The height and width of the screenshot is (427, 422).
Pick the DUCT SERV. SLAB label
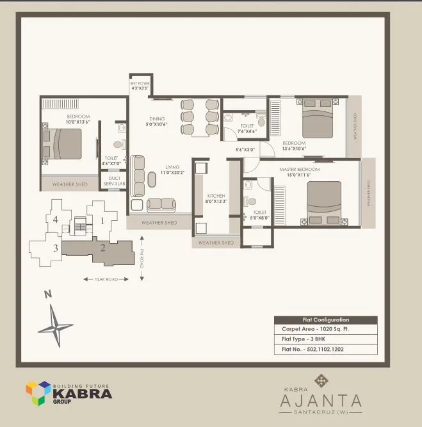click(x=115, y=181)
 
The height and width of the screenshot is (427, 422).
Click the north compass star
click(x=56, y=326)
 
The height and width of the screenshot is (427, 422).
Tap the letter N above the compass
click(x=47, y=295)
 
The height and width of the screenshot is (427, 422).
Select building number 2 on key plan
click(x=102, y=247)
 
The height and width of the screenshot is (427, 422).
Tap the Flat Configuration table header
click(x=325, y=319)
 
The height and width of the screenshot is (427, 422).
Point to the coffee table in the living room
click(x=152, y=178)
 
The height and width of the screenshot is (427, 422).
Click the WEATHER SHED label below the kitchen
click(x=216, y=243)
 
